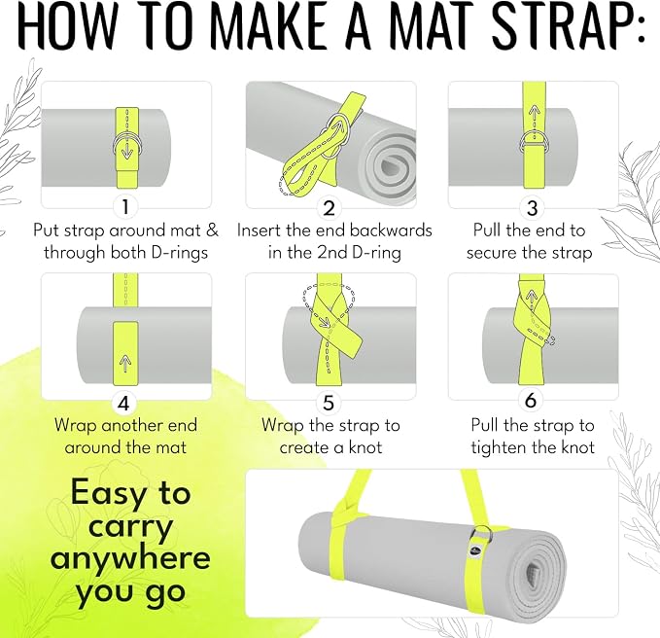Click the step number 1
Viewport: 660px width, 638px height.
pos(125,207)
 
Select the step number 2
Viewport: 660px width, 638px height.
pos(329,208)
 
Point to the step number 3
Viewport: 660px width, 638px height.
pos(533,208)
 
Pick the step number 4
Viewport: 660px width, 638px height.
pos(123,403)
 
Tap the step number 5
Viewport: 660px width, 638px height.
pos(329,403)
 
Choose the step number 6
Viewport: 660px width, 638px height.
pos(531,400)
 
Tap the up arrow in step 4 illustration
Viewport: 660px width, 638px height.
pos(125,364)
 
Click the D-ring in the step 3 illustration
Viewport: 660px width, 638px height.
pos(534,143)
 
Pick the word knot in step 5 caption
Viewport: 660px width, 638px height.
pos(365,447)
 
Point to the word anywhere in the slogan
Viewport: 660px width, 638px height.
pos(130,558)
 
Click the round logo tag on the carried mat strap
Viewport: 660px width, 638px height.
pos(474,550)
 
